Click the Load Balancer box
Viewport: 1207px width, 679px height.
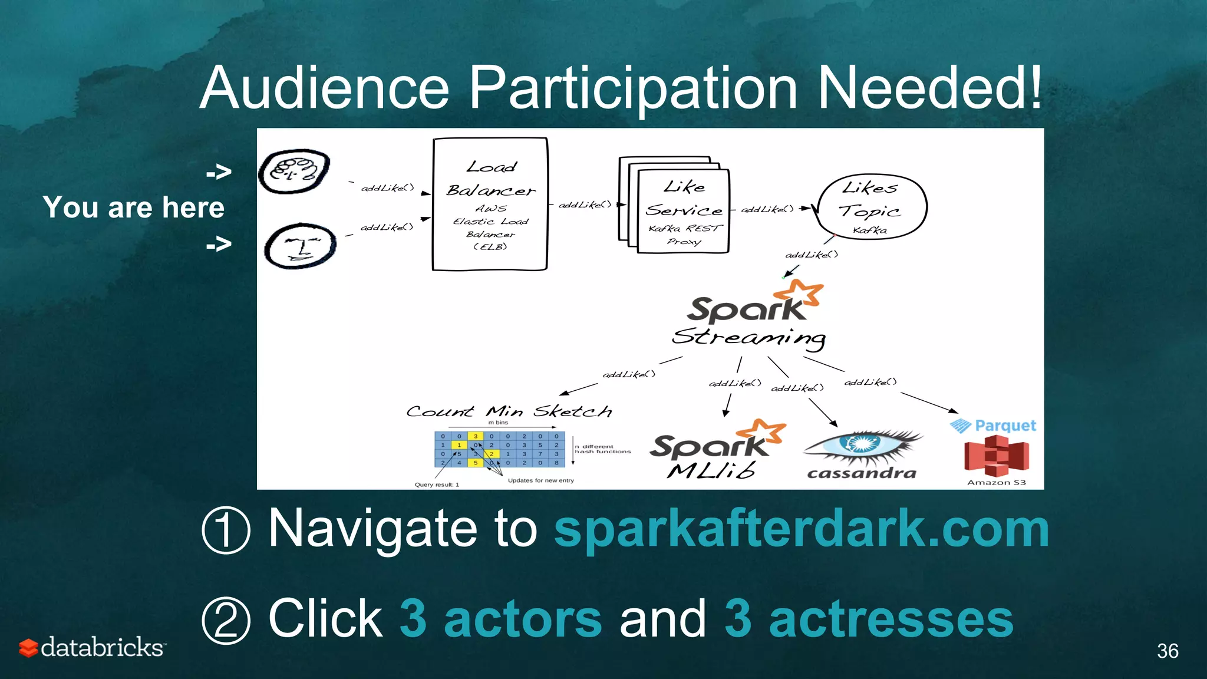(490, 204)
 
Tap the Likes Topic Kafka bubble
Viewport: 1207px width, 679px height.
(871, 206)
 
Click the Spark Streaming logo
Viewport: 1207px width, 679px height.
(750, 316)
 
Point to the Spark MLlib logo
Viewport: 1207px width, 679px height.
(714, 450)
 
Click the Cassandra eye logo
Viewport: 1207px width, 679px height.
(862, 454)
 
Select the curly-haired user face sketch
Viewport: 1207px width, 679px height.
(294, 172)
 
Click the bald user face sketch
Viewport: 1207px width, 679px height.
(300, 246)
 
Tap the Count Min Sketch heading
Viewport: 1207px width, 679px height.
(509, 411)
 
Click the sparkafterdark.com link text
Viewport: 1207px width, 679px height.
(801, 529)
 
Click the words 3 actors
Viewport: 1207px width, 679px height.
(500, 618)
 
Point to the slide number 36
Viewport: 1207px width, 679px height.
(1167, 651)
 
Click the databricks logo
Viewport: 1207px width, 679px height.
(93, 647)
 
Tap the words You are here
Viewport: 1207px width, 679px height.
(134, 207)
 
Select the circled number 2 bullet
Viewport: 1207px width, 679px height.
(226, 620)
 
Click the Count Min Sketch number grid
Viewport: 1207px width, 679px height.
(499, 450)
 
